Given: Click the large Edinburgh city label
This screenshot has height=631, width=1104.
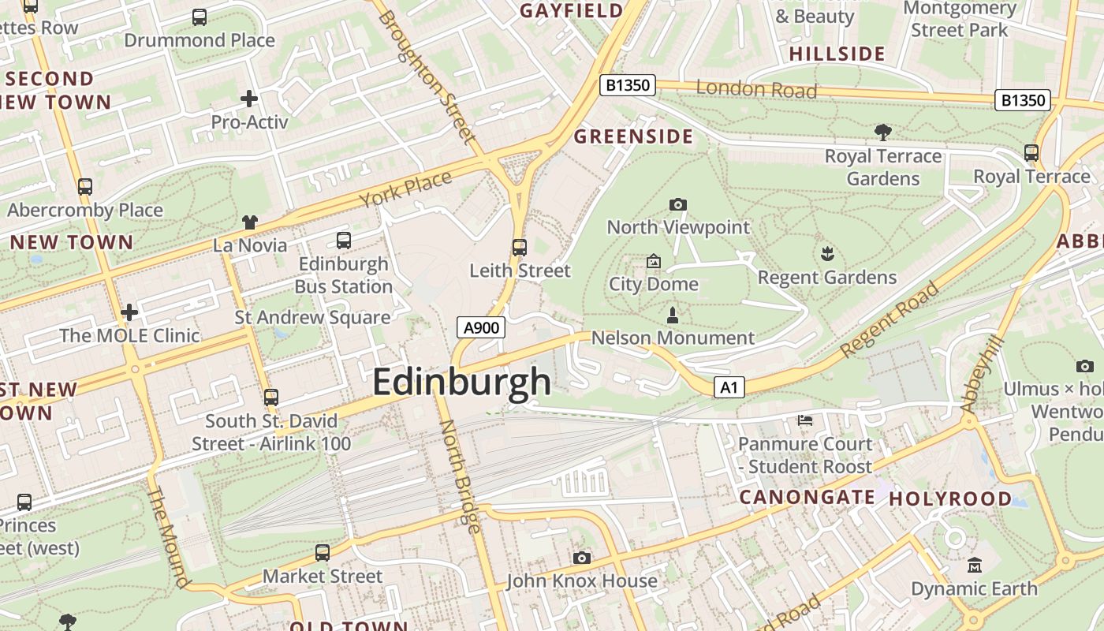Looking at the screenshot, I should coord(461,383).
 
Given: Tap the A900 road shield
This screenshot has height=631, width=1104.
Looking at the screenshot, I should coord(480,327).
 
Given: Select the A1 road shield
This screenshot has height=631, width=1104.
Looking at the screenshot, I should coord(729,387).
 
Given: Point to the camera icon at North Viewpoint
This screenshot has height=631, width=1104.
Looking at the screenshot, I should coord(677,205).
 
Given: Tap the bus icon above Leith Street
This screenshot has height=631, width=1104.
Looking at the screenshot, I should coord(519,248).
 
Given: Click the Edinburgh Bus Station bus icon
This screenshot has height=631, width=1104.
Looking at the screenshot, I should coord(344,241).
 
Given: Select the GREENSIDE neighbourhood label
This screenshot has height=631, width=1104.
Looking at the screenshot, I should coord(633,136).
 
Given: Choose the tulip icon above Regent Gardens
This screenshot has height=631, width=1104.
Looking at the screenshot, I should coord(827,254).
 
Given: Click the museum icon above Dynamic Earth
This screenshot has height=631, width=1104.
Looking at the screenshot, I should coord(975,566).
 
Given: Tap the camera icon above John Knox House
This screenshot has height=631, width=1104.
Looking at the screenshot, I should coord(582,558).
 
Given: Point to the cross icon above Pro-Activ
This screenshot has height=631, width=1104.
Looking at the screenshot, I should coord(249,99).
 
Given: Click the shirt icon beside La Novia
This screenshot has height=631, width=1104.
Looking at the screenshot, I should coord(250,222).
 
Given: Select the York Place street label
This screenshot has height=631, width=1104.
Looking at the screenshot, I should coord(406,189).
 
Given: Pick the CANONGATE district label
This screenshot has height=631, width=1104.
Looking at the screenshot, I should coord(807,497).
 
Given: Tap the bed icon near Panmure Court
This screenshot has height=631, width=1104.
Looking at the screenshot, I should coord(805,420).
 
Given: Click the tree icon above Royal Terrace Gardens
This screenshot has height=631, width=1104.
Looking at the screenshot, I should coord(882,133).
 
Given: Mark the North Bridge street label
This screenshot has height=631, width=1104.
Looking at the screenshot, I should coord(460,476).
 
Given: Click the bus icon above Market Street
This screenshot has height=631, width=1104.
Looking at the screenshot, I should coord(323,553).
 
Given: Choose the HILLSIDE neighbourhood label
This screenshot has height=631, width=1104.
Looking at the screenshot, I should coord(837,54).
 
